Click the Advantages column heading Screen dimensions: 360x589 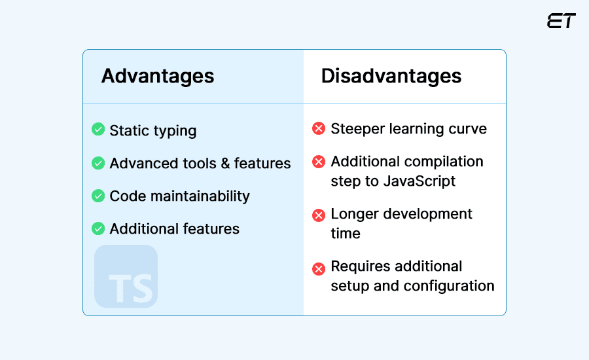pyautogui.click(x=157, y=76)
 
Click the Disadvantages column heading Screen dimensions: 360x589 pyautogui.click(x=391, y=76)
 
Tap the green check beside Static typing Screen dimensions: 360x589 pyautogui.click(x=98, y=130)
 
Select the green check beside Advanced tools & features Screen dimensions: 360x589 pyautogui.click(x=98, y=162)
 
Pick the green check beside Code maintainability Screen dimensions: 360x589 pyautogui.click(x=98, y=196)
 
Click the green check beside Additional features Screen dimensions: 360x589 pyautogui.click(x=98, y=228)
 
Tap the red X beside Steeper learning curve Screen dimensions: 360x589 pyautogui.click(x=319, y=128)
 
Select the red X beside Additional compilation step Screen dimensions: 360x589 pyautogui.click(x=319, y=162)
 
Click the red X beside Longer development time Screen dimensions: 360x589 pyautogui.click(x=319, y=215)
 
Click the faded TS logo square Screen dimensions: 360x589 pyautogui.click(x=126, y=276)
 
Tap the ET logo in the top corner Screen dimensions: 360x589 pyautogui.click(x=561, y=21)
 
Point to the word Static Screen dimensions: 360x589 pyautogui.click(x=129, y=130)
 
